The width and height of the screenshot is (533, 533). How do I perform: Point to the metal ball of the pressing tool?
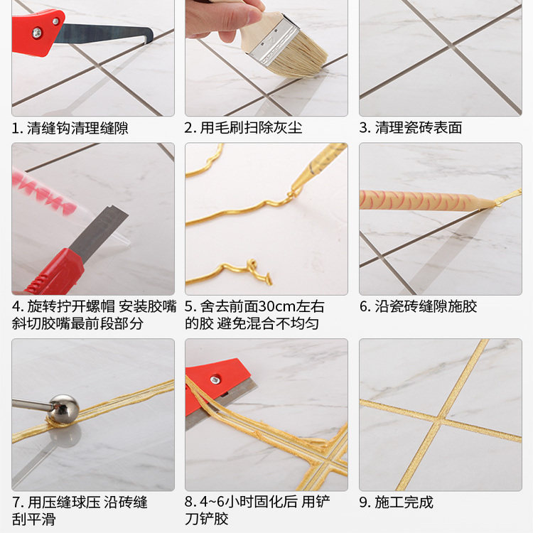pos(64,410)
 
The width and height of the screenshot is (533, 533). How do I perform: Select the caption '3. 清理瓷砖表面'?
pos(410,129)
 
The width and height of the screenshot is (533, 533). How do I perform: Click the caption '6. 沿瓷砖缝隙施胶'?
pos(417,307)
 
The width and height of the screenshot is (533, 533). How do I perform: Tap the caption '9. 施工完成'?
pos(395,502)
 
